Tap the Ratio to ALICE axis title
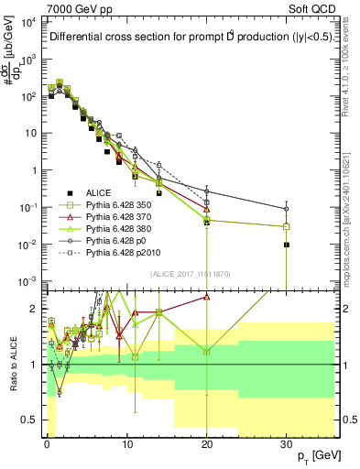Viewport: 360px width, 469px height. (12, 364)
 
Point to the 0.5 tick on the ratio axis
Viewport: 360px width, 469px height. (34, 420)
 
